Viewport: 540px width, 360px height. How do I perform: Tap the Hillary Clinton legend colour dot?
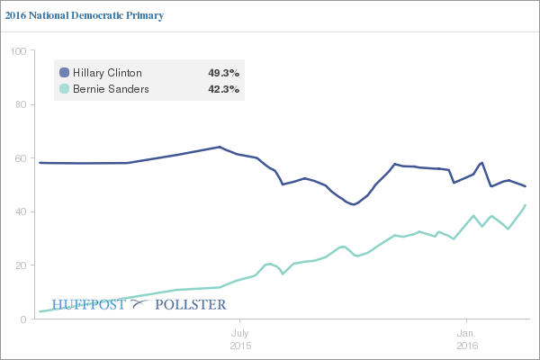click(x=64, y=72)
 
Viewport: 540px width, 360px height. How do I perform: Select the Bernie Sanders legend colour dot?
click(x=64, y=89)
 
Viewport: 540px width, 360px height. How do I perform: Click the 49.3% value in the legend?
click(x=223, y=72)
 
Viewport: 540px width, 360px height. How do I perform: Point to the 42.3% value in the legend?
click(x=223, y=89)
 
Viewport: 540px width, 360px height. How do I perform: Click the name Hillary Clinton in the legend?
click(x=107, y=72)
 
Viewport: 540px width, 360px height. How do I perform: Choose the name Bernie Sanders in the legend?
click(x=110, y=89)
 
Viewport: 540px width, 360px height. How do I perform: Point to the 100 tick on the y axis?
click(x=16, y=51)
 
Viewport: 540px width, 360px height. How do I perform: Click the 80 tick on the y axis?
click(x=19, y=104)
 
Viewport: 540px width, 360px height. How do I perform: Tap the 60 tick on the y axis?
click(x=19, y=158)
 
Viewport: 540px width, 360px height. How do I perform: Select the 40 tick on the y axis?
click(x=19, y=211)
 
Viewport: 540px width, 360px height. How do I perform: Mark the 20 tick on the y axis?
click(x=19, y=265)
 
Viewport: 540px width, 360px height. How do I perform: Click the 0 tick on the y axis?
click(x=22, y=319)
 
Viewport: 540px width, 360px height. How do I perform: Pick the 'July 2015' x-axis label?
click(x=239, y=338)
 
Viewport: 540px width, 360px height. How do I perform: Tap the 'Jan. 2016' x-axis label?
click(x=466, y=338)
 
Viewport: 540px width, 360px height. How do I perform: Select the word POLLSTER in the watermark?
click(x=190, y=304)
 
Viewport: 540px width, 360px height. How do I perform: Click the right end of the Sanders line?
click(x=526, y=205)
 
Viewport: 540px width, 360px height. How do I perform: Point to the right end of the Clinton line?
click(x=526, y=186)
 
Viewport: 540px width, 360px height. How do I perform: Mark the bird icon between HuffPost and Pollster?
click(x=139, y=304)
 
